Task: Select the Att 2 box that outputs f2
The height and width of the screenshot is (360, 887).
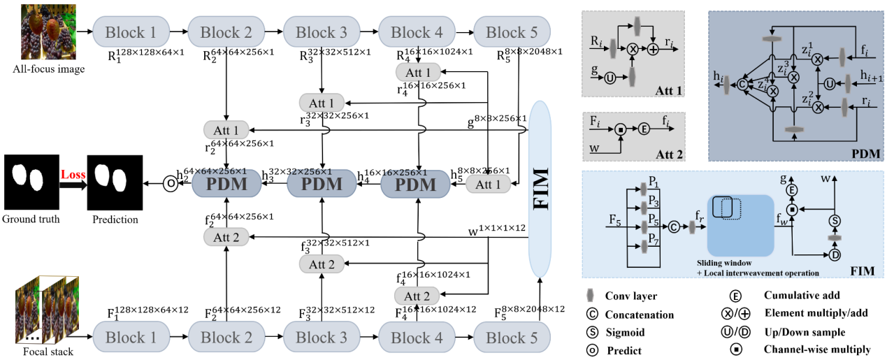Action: pyautogui.click(x=226, y=237)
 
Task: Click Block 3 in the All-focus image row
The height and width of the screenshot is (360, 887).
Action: pyautogui.click(x=320, y=31)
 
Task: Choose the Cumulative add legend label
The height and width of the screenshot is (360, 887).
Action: pyautogui.click(x=802, y=296)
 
